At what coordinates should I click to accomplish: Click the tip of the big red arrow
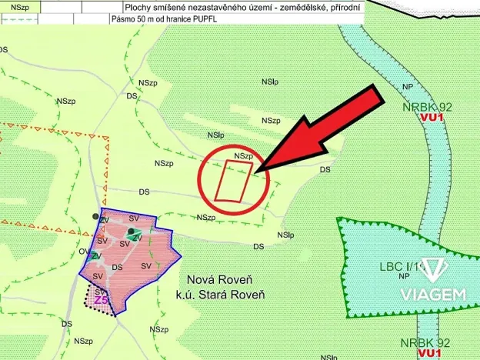pyautogui.click(x=258, y=168)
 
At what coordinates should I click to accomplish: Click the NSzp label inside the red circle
pyautogui.click(x=244, y=156)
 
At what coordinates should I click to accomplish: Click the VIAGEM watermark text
pyautogui.click(x=434, y=295)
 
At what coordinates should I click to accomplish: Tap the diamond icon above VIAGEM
pyautogui.click(x=436, y=270)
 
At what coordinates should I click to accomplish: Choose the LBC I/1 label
pyautogui.click(x=399, y=266)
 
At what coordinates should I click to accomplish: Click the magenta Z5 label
pyautogui.click(x=102, y=299)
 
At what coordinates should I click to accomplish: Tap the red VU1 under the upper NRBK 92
pyautogui.click(x=432, y=118)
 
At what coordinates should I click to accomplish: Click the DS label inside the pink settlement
pyautogui.click(x=117, y=267)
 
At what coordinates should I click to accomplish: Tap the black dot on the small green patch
pyautogui.click(x=132, y=231)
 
